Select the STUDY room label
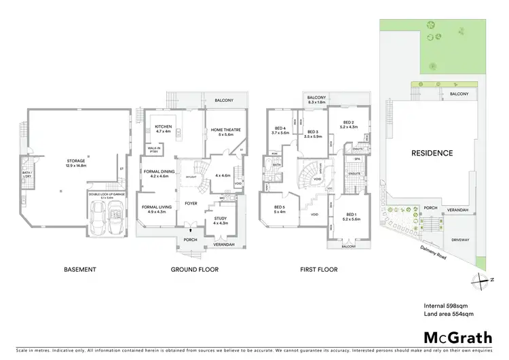click(x=221, y=219)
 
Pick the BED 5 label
click(x=279, y=208)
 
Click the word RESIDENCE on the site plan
click(x=431, y=154)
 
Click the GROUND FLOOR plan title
click(x=194, y=270)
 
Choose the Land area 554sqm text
click(x=449, y=314)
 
